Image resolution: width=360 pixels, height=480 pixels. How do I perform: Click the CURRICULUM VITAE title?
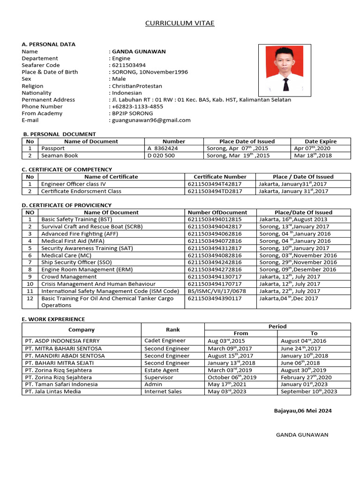(x=180, y=23)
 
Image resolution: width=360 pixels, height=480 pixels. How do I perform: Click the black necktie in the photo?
(x=286, y=84)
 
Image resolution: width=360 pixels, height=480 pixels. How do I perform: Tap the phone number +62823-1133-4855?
(x=137, y=106)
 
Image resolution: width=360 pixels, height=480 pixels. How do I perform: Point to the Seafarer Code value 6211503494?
(x=129, y=65)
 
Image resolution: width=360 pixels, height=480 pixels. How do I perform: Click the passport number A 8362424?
(x=163, y=148)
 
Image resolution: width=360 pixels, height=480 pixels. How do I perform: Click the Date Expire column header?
(x=321, y=141)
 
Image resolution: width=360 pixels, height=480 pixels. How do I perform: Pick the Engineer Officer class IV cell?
(x=74, y=184)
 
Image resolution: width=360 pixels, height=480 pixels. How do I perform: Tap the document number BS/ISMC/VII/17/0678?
(x=216, y=291)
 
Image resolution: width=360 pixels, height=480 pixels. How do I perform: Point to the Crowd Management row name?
(x=69, y=277)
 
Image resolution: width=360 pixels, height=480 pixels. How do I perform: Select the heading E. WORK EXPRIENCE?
(x=53, y=319)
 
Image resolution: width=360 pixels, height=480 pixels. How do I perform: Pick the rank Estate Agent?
(x=162, y=370)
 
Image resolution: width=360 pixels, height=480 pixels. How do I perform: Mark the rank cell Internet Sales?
(x=163, y=391)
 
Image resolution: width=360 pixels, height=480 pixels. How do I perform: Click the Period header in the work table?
(x=277, y=326)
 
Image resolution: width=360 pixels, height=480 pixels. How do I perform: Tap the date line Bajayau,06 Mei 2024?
(x=303, y=411)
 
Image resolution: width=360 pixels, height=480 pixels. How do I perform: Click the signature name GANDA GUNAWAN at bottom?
(x=302, y=435)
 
